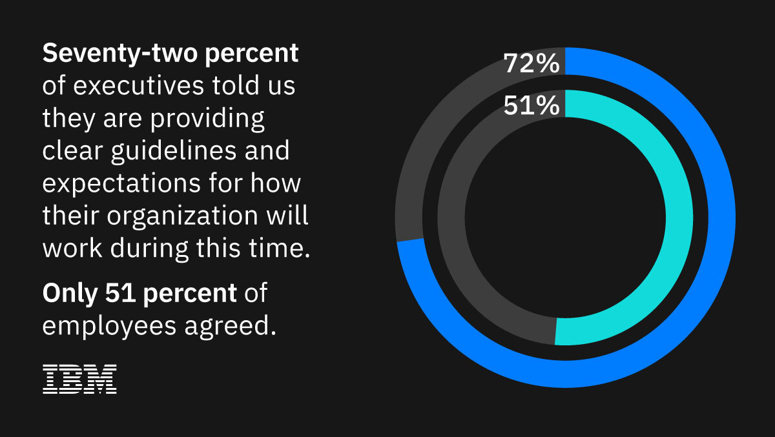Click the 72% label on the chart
(x=530, y=65)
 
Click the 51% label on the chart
(x=530, y=105)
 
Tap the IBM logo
(x=79, y=380)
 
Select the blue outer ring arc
(x=710, y=258)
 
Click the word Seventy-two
(x=121, y=54)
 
